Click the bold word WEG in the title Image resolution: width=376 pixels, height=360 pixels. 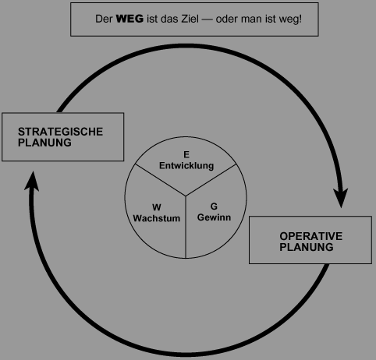click(x=129, y=19)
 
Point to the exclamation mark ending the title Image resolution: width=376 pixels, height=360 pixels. click(x=300, y=19)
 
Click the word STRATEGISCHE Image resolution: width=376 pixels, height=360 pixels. click(x=60, y=132)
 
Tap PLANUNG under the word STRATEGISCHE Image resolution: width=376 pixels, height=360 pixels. click(x=44, y=143)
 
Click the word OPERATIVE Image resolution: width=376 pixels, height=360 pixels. click(x=311, y=236)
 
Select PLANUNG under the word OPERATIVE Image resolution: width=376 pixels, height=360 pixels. click(x=307, y=247)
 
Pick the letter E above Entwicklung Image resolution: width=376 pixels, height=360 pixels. click(x=186, y=155)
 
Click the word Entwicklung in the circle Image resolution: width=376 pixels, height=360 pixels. click(x=186, y=166)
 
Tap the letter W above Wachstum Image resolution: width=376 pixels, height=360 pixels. click(x=157, y=207)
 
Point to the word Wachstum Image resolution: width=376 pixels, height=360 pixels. click(x=157, y=218)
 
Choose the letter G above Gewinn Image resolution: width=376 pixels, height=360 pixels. click(x=214, y=206)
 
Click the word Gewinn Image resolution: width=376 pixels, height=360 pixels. click(x=214, y=217)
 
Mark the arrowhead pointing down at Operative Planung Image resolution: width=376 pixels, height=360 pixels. click(x=341, y=198)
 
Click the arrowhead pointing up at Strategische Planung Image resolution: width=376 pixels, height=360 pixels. click(x=33, y=181)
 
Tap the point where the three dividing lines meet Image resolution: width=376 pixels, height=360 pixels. click(x=186, y=196)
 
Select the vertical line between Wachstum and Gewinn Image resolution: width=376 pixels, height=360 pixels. click(x=186, y=227)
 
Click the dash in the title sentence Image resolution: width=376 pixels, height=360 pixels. click(x=207, y=19)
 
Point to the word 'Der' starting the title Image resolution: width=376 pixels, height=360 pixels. click(x=104, y=19)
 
